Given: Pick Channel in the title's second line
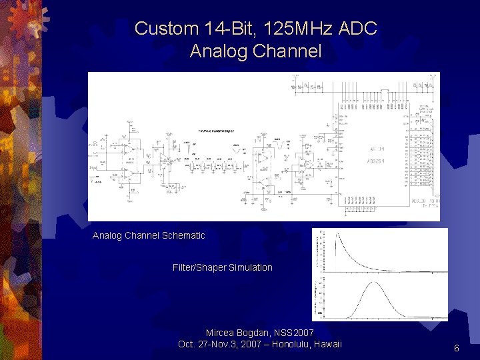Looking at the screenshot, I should (287, 51).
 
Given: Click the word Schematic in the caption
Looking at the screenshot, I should (183, 235).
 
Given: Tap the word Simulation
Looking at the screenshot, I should (251, 267).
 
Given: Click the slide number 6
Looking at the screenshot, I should (457, 348).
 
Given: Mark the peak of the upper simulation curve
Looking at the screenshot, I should (337, 234).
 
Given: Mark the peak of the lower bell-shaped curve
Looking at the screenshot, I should (375, 283).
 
